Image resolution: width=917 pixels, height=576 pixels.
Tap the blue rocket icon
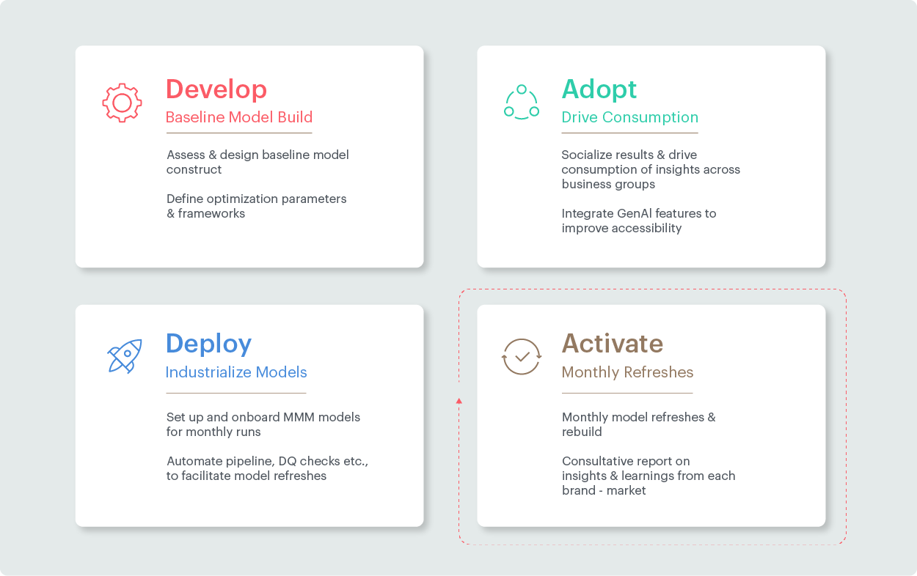(125, 355)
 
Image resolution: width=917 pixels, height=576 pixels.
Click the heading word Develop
(216, 89)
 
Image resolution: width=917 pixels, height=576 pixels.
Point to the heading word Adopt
(599, 89)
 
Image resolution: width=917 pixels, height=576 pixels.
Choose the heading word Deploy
(208, 344)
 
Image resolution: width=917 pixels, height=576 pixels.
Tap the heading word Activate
(613, 344)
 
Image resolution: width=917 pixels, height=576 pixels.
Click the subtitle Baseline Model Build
(239, 117)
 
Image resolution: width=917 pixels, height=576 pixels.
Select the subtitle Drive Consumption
(629, 117)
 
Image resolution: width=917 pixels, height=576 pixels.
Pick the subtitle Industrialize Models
(236, 372)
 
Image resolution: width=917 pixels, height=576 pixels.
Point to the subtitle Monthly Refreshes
(627, 372)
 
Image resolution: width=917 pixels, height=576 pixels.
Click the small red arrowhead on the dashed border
(459, 401)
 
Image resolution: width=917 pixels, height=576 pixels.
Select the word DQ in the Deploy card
(288, 461)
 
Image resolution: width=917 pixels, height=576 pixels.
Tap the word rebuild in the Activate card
(582, 432)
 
